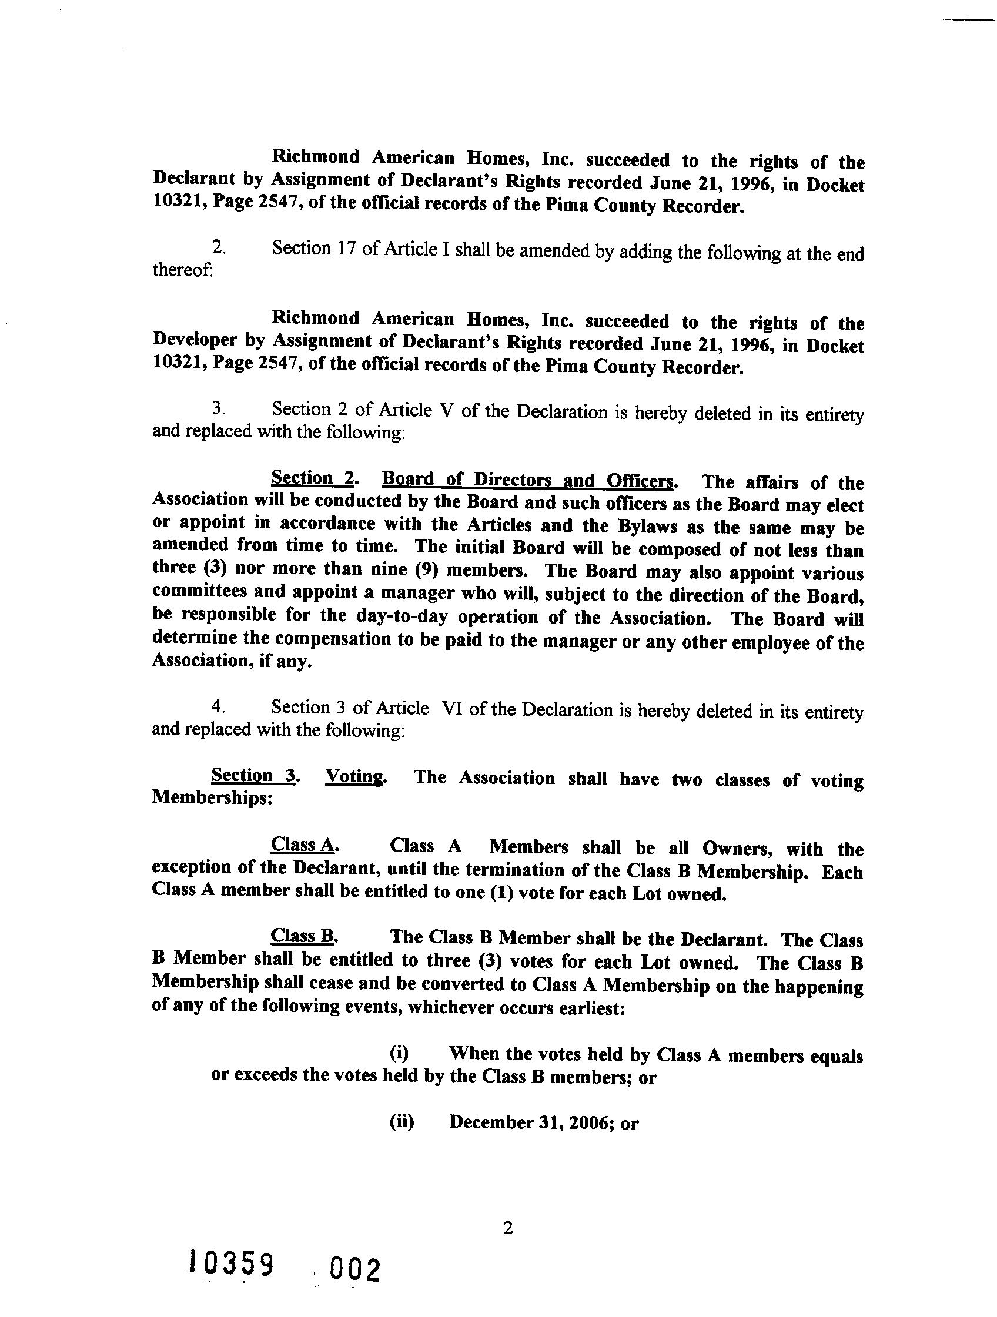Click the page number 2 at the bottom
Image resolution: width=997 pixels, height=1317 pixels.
pos(507,1228)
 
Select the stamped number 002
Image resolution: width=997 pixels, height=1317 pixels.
pos(357,1269)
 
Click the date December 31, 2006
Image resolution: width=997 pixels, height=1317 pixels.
pos(533,1122)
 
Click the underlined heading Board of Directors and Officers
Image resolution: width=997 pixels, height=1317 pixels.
pos(528,480)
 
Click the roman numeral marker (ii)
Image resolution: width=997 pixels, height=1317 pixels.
pos(402,1122)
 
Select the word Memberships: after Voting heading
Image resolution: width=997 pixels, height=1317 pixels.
pos(212,798)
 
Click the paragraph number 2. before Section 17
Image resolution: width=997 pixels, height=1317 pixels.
pos(219,247)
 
